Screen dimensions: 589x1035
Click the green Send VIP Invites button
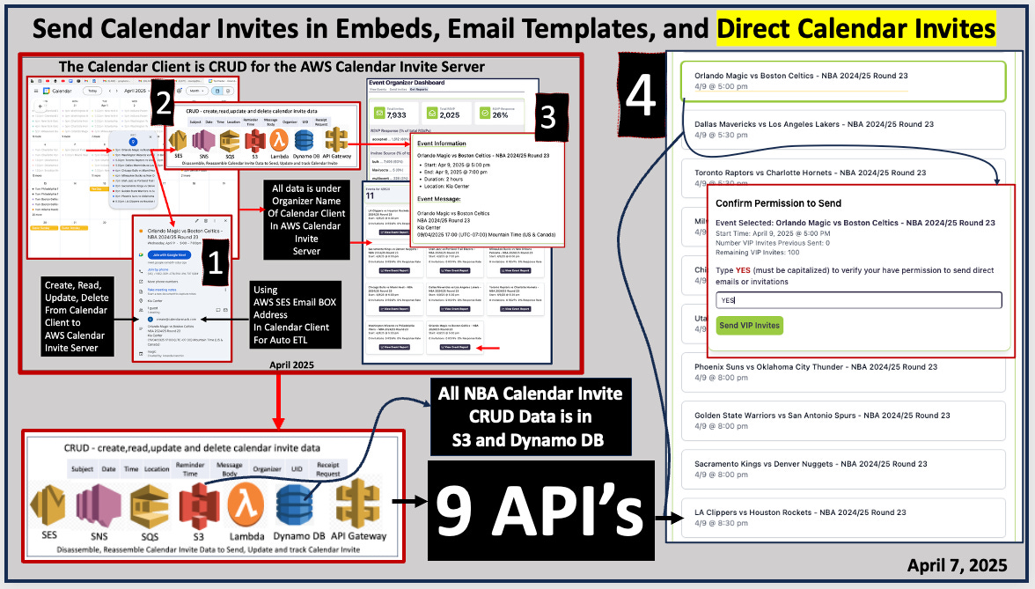(750, 326)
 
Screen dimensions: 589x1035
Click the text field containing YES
(859, 300)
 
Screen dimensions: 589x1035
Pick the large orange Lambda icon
(246, 507)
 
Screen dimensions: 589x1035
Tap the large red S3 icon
(199, 507)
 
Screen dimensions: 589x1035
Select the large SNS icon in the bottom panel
(98, 507)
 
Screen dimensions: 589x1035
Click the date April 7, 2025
(957, 564)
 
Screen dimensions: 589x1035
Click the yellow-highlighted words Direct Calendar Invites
(855, 30)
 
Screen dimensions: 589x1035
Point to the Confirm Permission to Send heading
(779, 203)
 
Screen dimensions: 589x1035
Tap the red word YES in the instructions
(744, 269)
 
